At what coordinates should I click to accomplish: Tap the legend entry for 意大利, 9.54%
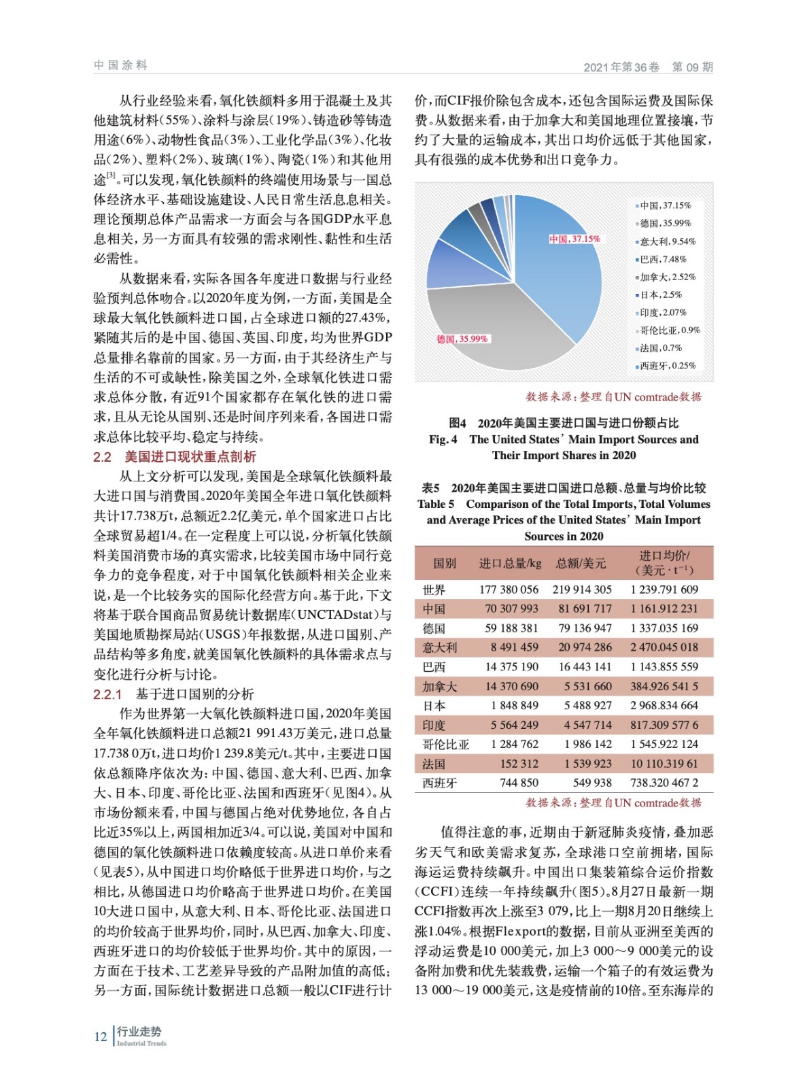point(667,241)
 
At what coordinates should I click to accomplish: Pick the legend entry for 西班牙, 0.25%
point(667,366)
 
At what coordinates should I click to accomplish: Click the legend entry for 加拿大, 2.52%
point(667,277)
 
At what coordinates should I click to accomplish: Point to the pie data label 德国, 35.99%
point(462,339)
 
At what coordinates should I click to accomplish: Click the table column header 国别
point(445,563)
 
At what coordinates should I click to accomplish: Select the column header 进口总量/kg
point(510,563)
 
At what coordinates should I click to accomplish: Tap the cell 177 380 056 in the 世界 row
point(509,590)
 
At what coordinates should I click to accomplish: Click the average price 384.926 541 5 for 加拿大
point(664,687)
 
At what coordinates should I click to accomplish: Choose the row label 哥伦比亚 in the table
point(445,745)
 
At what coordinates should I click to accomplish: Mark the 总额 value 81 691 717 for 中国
point(585,609)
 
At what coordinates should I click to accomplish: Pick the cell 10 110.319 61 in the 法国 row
point(664,764)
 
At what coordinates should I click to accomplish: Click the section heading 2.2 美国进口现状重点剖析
point(175,457)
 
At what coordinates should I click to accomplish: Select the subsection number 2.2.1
point(107,694)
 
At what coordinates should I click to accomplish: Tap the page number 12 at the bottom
point(101,1036)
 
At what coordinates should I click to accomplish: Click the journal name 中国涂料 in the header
point(120,65)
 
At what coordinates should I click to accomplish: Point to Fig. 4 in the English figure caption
point(443,439)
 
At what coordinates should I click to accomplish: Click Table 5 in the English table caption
point(436,504)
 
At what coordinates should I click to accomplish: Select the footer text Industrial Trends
point(141,1043)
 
